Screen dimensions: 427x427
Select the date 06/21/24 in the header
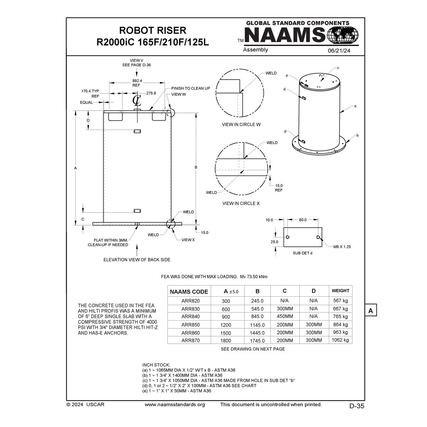(339, 51)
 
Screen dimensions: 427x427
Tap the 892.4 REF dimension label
(137, 83)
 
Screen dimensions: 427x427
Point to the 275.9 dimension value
(151, 93)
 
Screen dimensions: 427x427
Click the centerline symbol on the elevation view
(137, 101)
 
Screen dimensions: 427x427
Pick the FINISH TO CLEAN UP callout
(190, 88)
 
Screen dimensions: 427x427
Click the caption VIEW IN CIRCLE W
(241, 125)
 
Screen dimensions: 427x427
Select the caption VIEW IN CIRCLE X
(241, 204)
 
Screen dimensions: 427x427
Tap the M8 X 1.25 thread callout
(342, 247)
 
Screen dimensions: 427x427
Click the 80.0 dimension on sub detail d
(302, 220)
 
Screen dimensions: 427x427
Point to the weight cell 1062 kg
(340, 340)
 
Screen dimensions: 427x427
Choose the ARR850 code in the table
(190, 325)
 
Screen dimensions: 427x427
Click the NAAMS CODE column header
(189, 292)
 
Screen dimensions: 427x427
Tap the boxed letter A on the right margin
(370, 311)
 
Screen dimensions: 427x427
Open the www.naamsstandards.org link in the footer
(175, 405)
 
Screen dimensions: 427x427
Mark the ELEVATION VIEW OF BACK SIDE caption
(137, 260)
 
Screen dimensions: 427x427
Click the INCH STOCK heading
(156, 365)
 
